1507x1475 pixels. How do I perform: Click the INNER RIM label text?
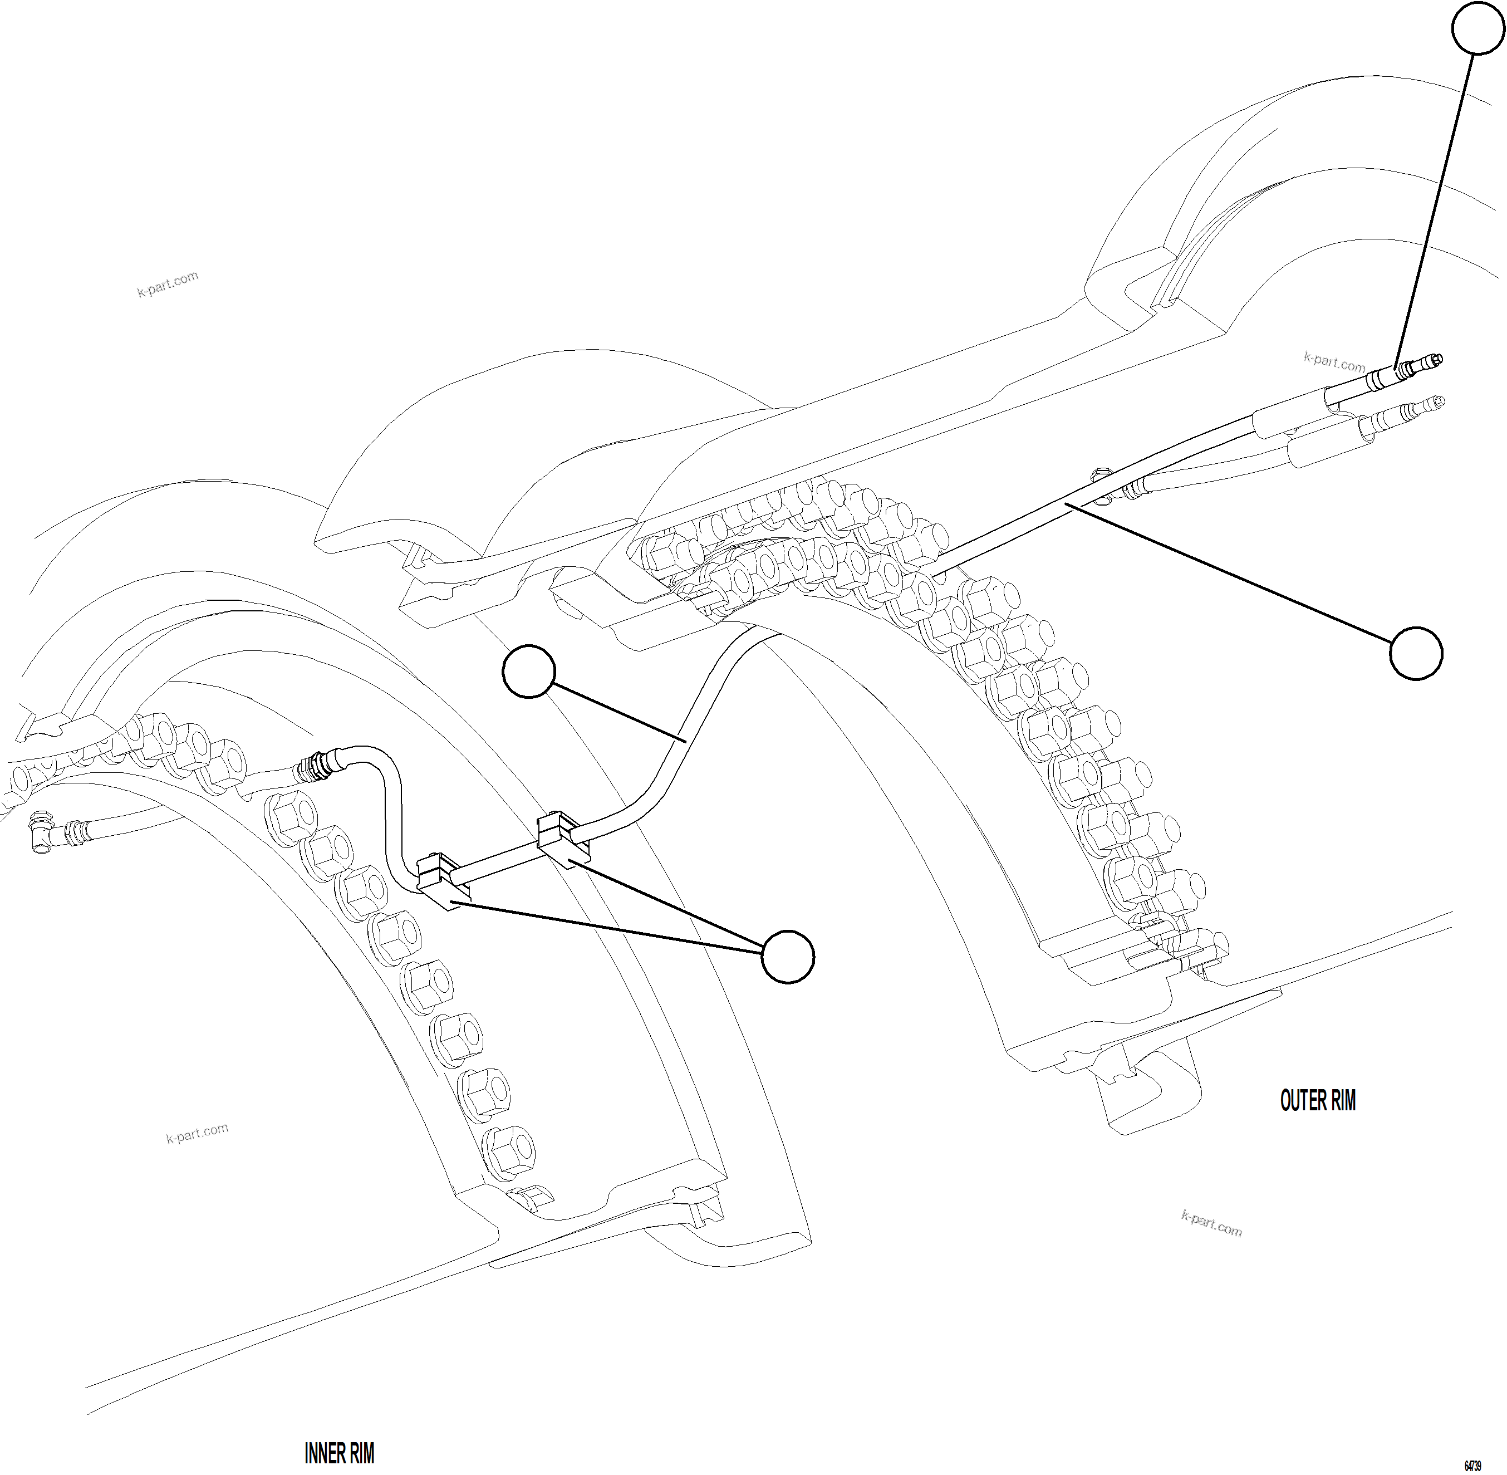coord(339,1453)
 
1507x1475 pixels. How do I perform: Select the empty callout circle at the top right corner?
coord(1477,28)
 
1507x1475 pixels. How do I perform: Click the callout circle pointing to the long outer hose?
coord(1416,654)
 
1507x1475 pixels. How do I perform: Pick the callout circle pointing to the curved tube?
coord(529,671)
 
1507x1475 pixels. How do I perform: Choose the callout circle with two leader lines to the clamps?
coord(788,957)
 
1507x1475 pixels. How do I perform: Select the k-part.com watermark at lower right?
coord(1211,1224)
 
